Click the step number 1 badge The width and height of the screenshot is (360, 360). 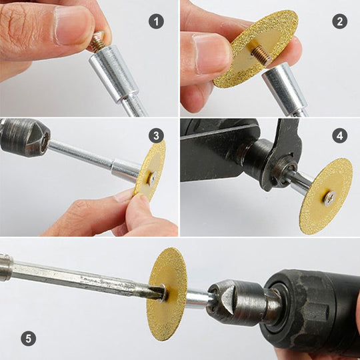point(157,21)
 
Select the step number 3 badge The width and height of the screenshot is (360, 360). point(157,136)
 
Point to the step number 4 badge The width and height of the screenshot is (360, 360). point(340,136)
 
